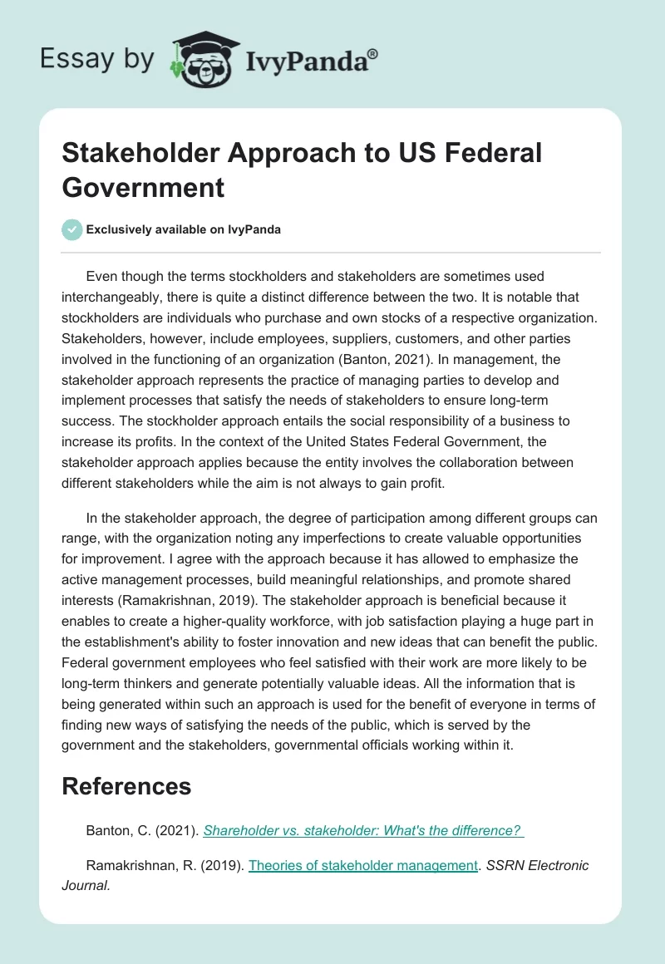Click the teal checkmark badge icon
[x=72, y=229]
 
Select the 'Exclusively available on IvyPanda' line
[x=184, y=229]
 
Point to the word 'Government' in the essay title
[x=143, y=187]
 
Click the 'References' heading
[x=126, y=786]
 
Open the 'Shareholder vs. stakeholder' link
[x=362, y=830]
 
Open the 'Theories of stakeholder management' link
[x=363, y=865]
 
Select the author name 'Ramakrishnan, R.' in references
[x=135, y=865]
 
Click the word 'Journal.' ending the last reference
[x=86, y=886]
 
